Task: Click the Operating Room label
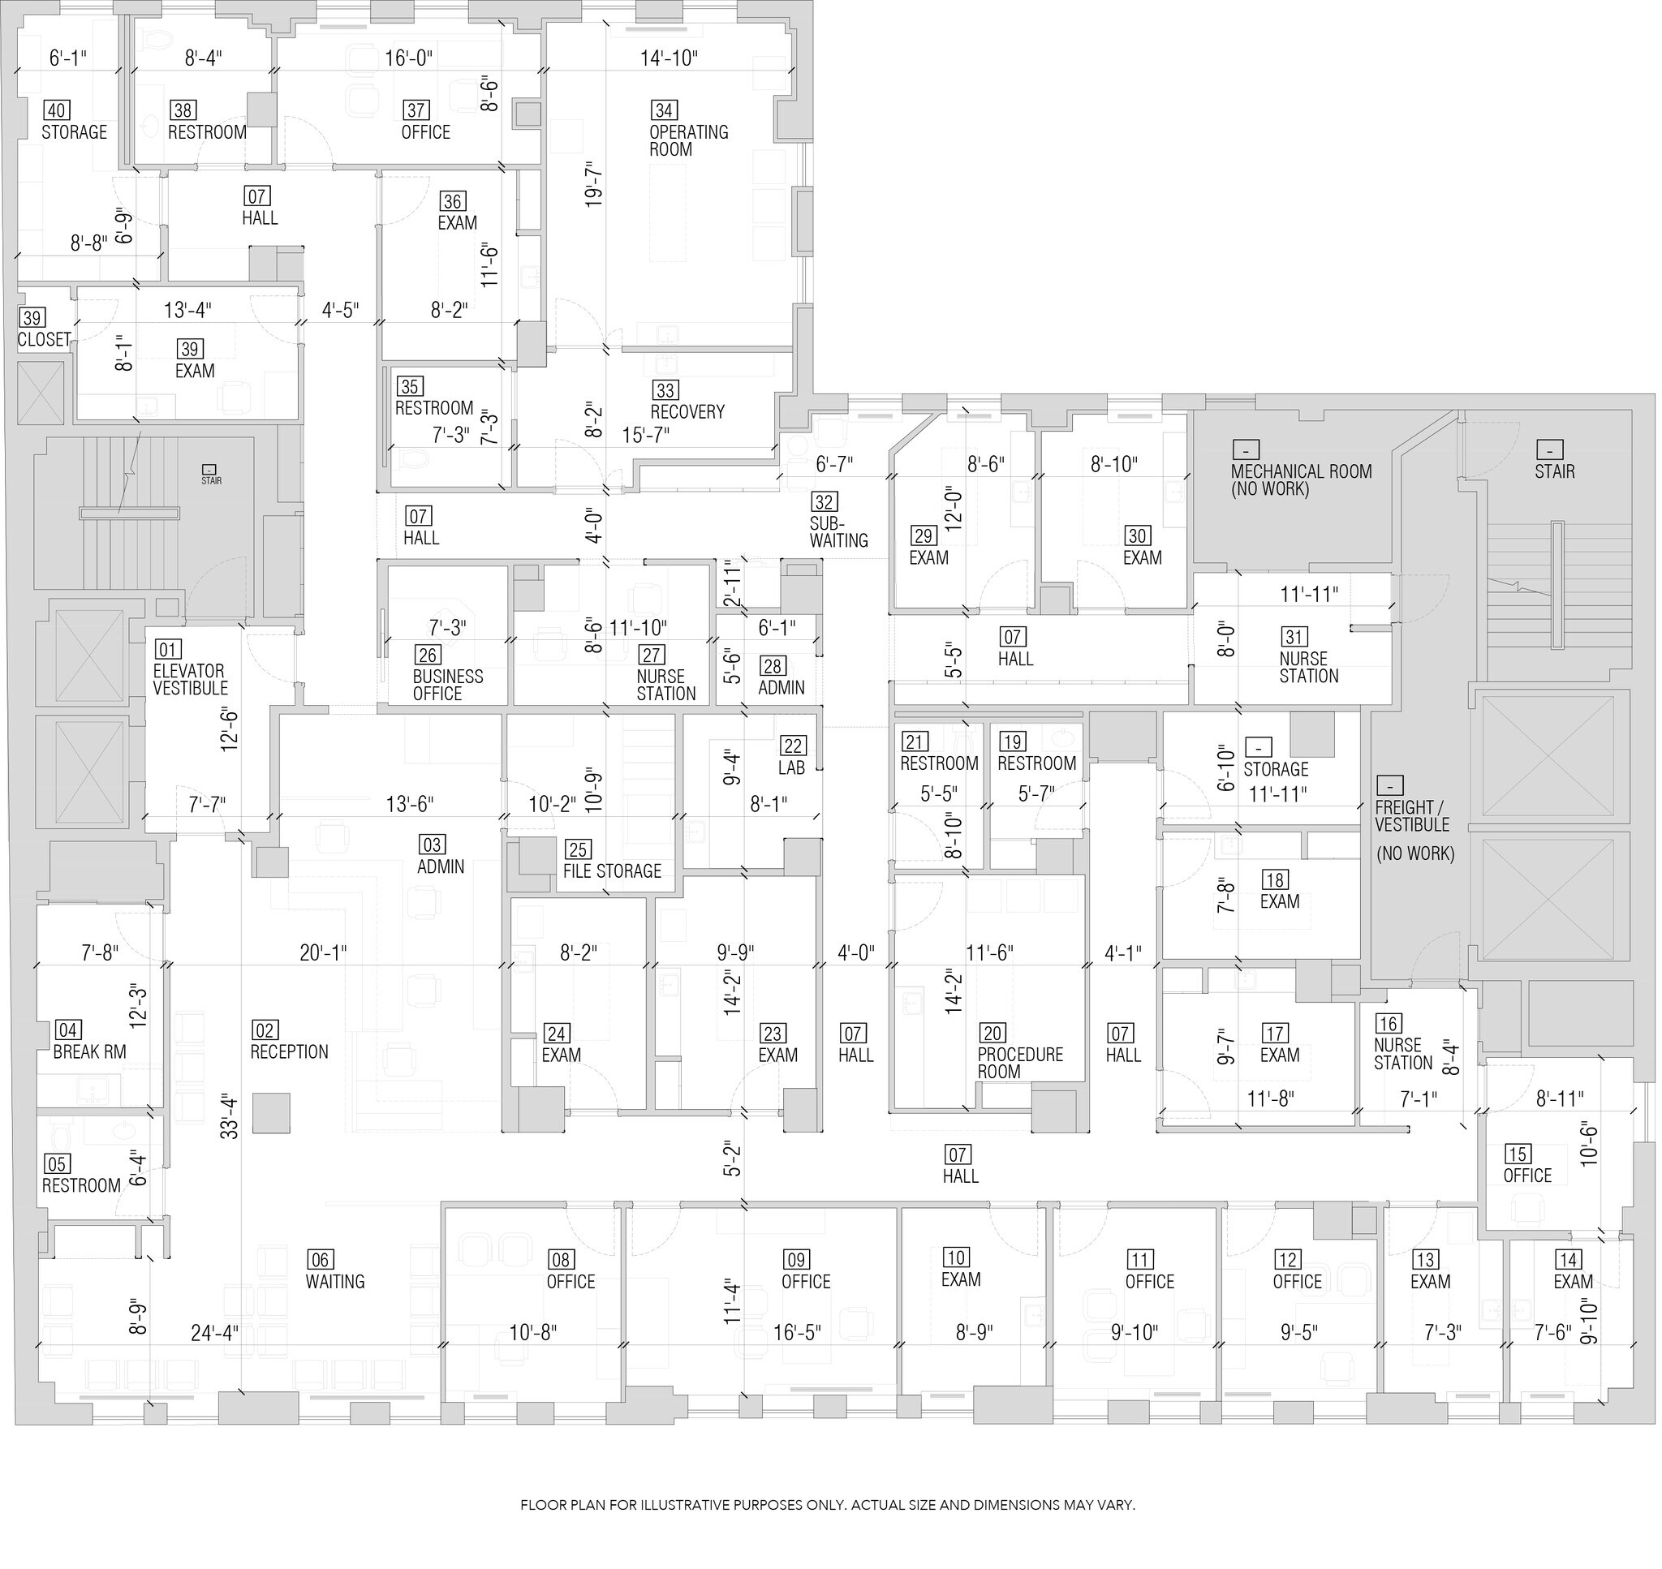(688, 140)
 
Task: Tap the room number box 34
(664, 110)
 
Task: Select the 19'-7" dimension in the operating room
(593, 184)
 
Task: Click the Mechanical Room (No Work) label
(1301, 479)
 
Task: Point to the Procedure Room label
(1019, 1062)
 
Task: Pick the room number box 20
(992, 1033)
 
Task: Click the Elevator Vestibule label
(190, 679)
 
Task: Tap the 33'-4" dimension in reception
(229, 1116)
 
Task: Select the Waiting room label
(334, 1281)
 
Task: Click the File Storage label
(611, 870)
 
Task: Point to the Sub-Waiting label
(838, 532)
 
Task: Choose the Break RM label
(89, 1051)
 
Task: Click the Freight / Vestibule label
(1412, 815)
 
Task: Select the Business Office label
(447, 685)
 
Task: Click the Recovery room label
(687, 411)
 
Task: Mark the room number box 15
(1518, 1154)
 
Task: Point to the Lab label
(791, 767)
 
